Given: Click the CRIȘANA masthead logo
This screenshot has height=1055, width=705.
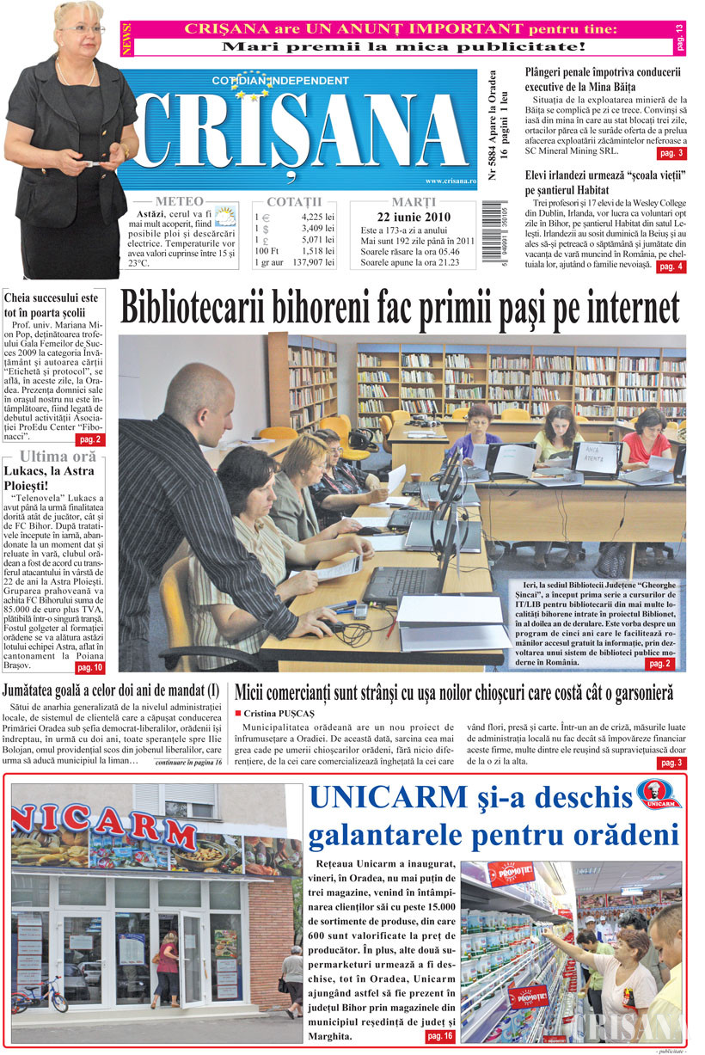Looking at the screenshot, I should click(x=301, y=129).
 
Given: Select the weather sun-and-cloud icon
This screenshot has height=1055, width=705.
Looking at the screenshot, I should click(x=225, y=216).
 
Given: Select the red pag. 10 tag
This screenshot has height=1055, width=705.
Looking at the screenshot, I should click(x=89, y=667).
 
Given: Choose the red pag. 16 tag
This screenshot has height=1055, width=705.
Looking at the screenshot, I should click(x=441, y=1037).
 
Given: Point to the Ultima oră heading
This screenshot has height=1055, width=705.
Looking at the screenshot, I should click(x=58, y=457).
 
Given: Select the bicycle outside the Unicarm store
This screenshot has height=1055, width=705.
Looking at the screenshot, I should click(x=39, y=996).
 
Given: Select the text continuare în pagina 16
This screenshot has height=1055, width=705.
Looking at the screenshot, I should click(x=190, y=762).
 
